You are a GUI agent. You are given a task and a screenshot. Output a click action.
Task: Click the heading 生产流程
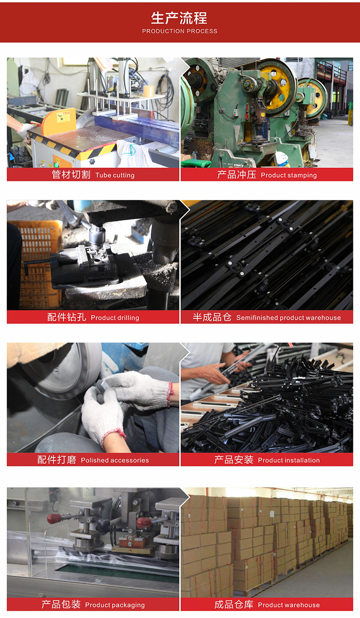coord(179,18)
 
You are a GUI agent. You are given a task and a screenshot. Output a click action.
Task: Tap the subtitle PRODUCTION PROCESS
coord(180,31)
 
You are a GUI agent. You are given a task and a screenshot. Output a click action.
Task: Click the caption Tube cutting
coord(115,175)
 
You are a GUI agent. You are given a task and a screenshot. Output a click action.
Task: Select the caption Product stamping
coord(289,175)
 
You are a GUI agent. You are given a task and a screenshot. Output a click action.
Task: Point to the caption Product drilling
coord(115,317)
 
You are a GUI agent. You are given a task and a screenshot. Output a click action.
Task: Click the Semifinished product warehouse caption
coord(288,317)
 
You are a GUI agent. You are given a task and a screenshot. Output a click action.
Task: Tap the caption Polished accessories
coord(115,460)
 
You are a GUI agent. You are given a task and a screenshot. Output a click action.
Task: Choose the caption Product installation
coord(289,460)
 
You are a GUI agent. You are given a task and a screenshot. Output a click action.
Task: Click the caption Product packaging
coord(115,605)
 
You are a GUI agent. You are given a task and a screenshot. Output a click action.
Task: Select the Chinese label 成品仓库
coord(234,605)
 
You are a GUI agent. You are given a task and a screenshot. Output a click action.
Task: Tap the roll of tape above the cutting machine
coord(149,91)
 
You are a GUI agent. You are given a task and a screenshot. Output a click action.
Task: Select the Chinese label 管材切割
coord(71,175)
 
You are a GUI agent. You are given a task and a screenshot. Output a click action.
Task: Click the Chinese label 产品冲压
coord(237,175)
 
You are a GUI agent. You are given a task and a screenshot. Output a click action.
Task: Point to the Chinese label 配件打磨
coord(57,460)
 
